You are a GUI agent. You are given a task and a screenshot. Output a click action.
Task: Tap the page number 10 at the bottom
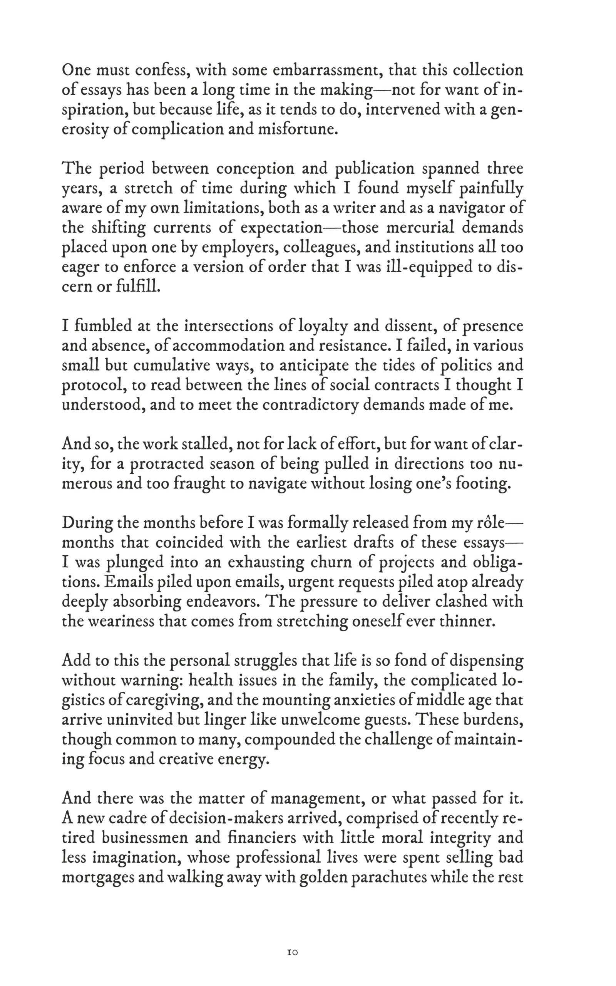(293, 952)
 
